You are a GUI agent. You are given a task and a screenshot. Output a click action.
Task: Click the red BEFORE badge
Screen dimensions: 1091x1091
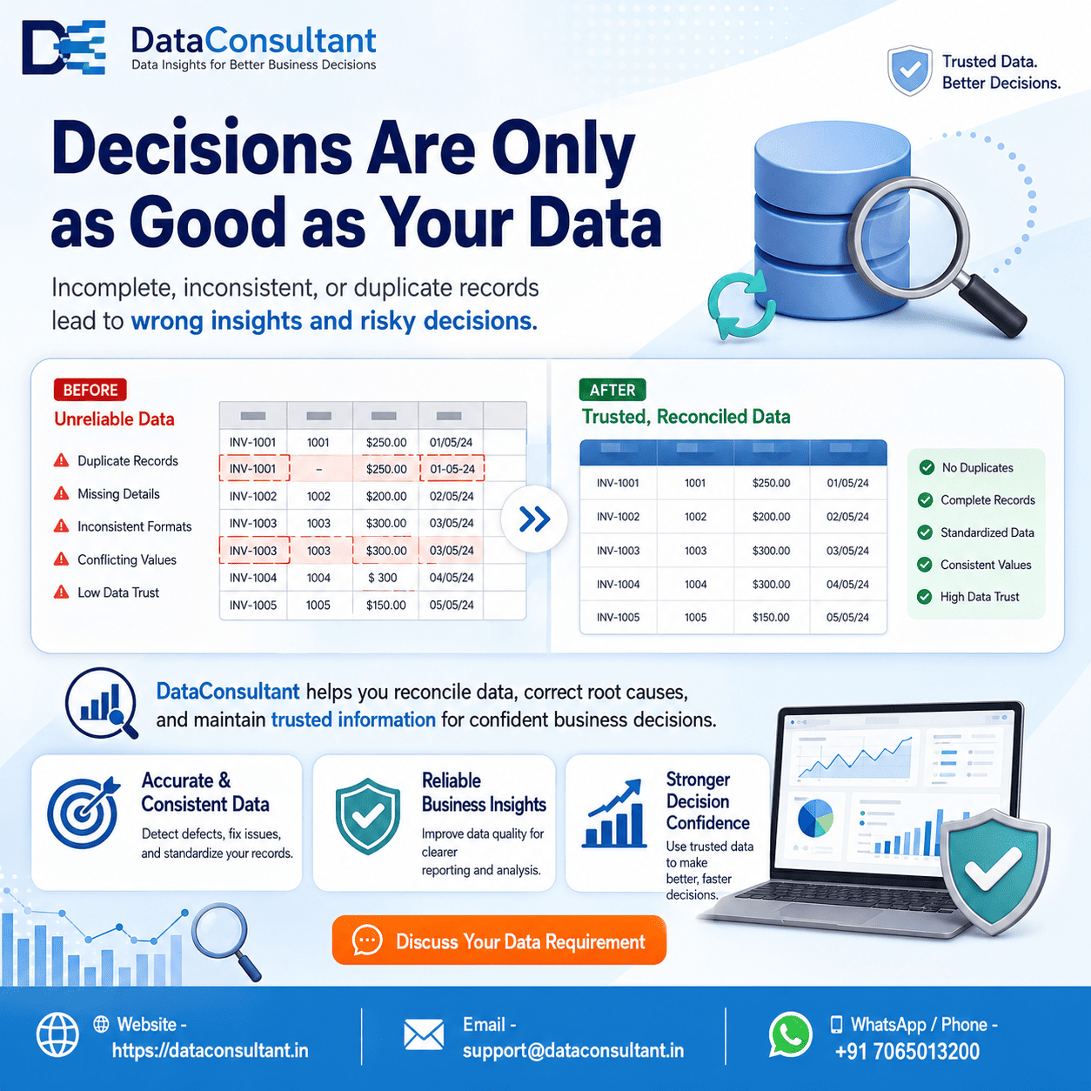click(90, 390)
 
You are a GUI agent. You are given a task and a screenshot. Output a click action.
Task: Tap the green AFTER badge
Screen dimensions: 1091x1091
click(612, 390)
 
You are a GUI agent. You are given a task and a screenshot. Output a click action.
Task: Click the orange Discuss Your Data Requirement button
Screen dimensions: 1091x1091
click(499, 941)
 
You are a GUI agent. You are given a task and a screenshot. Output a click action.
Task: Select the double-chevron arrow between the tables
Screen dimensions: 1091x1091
click(534, 519)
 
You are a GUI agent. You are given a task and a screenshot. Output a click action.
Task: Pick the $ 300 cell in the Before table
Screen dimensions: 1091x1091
click(383, 578)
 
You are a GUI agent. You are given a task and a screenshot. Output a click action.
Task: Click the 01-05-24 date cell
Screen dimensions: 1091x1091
click(452, 469)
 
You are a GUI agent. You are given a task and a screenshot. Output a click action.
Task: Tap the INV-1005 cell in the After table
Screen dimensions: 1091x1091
click(619, 617)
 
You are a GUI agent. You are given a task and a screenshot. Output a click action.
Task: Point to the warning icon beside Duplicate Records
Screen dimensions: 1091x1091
click(61, 460)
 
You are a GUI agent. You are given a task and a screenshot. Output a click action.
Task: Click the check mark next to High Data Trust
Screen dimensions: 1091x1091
click(925, 597)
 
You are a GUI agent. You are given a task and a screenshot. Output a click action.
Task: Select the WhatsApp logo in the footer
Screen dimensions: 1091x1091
click(790, 1035)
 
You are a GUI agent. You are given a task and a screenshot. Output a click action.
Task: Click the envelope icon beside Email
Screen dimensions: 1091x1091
click(424, 1035)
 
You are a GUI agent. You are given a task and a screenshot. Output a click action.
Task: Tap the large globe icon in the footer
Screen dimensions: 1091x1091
click(57, 1035)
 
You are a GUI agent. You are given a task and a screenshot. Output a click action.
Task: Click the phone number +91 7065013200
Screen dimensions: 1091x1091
click(907, 1051)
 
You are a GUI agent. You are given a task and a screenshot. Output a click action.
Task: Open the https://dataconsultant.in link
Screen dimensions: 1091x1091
click(210, 1051)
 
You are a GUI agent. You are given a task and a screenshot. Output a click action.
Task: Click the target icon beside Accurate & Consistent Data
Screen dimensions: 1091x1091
click(84, 812)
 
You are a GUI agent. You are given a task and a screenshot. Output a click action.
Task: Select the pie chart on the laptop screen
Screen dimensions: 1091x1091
click(815, 818)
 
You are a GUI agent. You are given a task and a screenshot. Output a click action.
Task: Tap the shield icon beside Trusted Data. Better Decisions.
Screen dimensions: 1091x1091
click(910, 70)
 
